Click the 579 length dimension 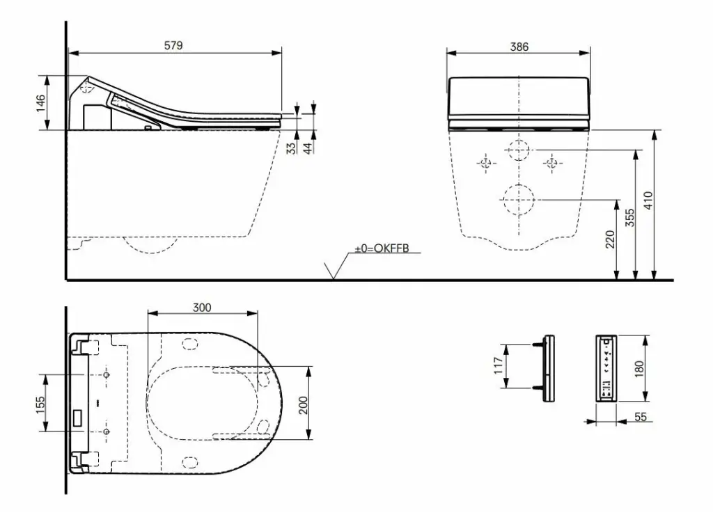click(173, 45)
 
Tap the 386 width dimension click(519, 47)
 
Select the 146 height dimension click(41, 103)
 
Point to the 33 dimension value click(292, 148)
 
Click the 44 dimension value click(308, 148)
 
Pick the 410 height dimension click(648, 200)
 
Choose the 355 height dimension click(629, 219)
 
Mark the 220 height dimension click(610, 239)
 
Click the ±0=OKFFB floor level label click(382, 248)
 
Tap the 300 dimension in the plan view click(202, 308)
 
